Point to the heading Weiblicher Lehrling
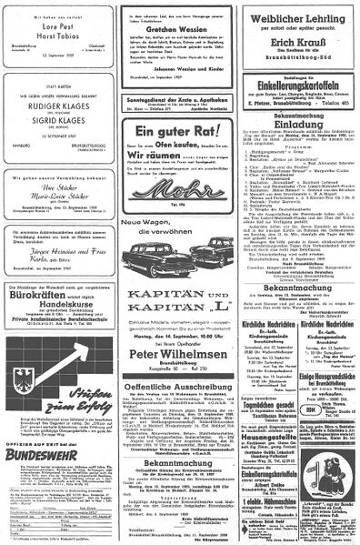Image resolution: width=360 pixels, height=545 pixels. point(295,21)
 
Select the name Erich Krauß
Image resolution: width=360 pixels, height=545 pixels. point(295,67)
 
